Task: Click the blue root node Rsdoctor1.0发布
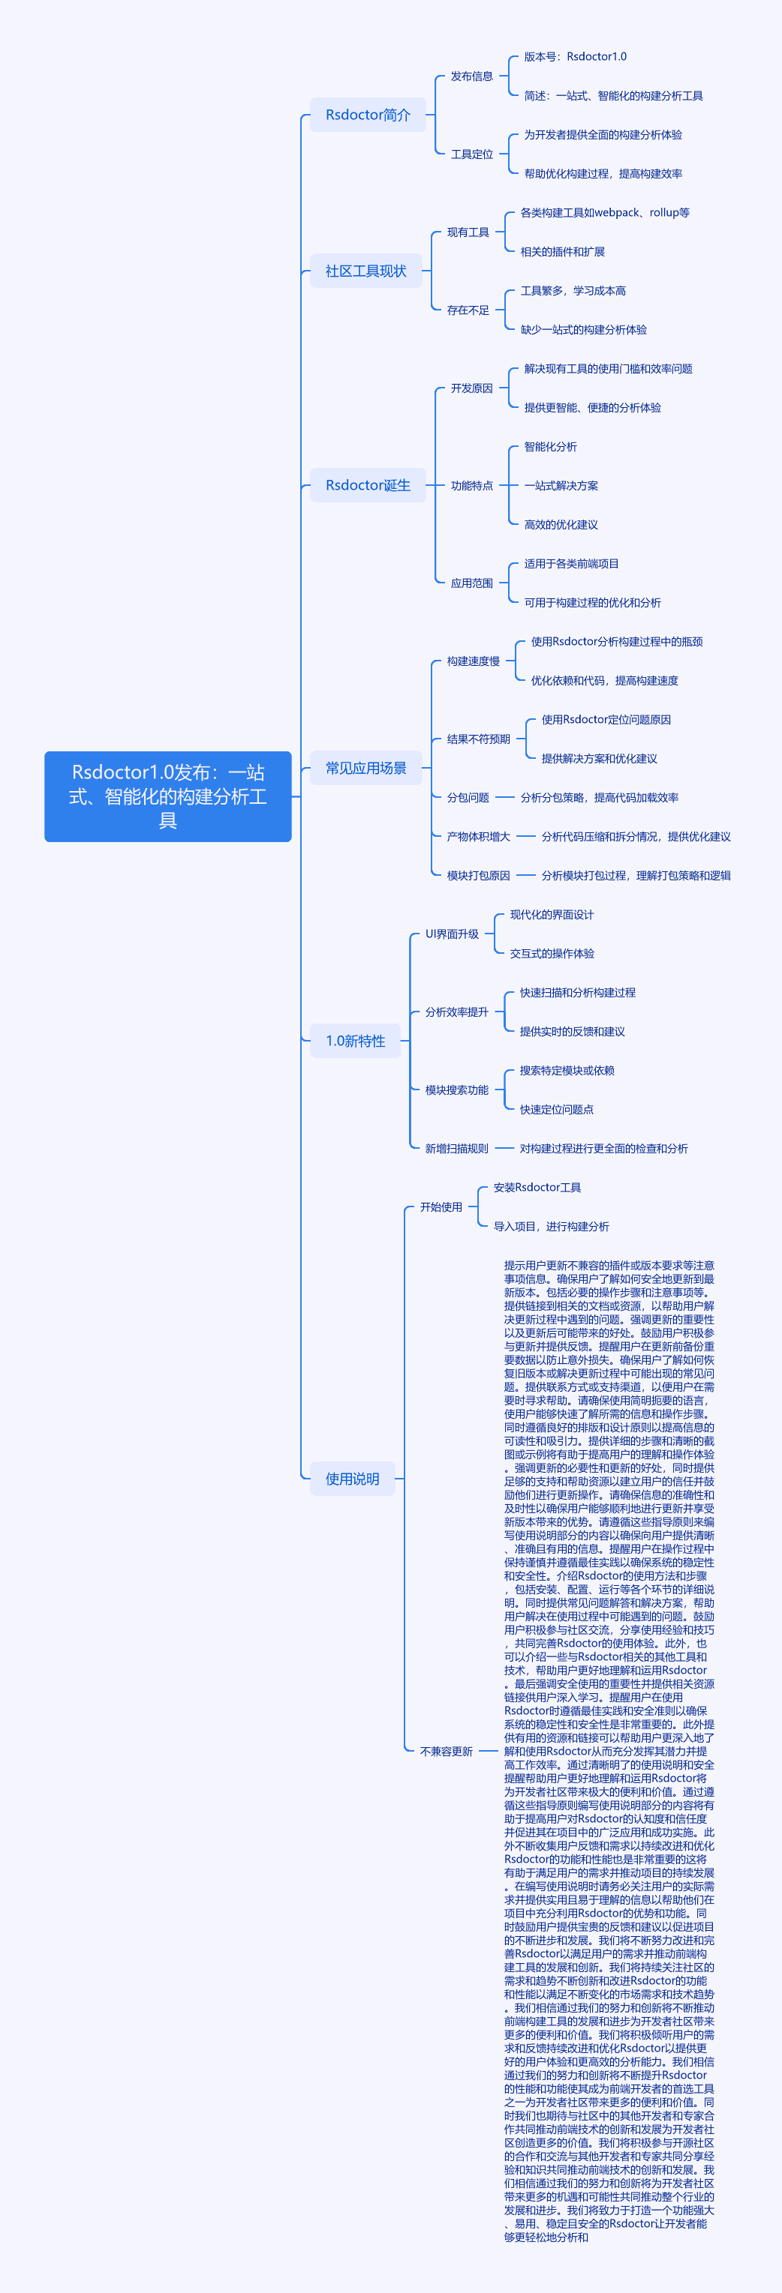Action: coord(168,796)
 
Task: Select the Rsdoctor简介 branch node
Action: coord(368,115)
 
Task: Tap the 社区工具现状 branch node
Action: coord(366,271)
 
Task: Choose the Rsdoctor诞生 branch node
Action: coord(368,485)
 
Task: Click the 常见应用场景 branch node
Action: coord(366,767)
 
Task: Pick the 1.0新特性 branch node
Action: coord(356,1041)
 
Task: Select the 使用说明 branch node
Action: coord(353,1479)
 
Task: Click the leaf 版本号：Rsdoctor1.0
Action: coord(576,57)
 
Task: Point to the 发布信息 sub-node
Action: coord(472,76)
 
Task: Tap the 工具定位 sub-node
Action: coord(472,154)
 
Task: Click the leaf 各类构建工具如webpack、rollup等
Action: coord(605,213)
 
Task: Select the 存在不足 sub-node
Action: coord(468,310)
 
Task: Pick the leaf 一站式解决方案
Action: coord(561,485)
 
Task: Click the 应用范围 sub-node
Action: coord(472,583)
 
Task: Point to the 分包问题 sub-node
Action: coord(468,798)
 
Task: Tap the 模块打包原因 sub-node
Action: coord(478,875)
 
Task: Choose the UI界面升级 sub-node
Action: coord(453,934)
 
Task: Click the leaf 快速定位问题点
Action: coord(557,1109)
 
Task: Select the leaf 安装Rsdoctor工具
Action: coord(537,1188)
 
